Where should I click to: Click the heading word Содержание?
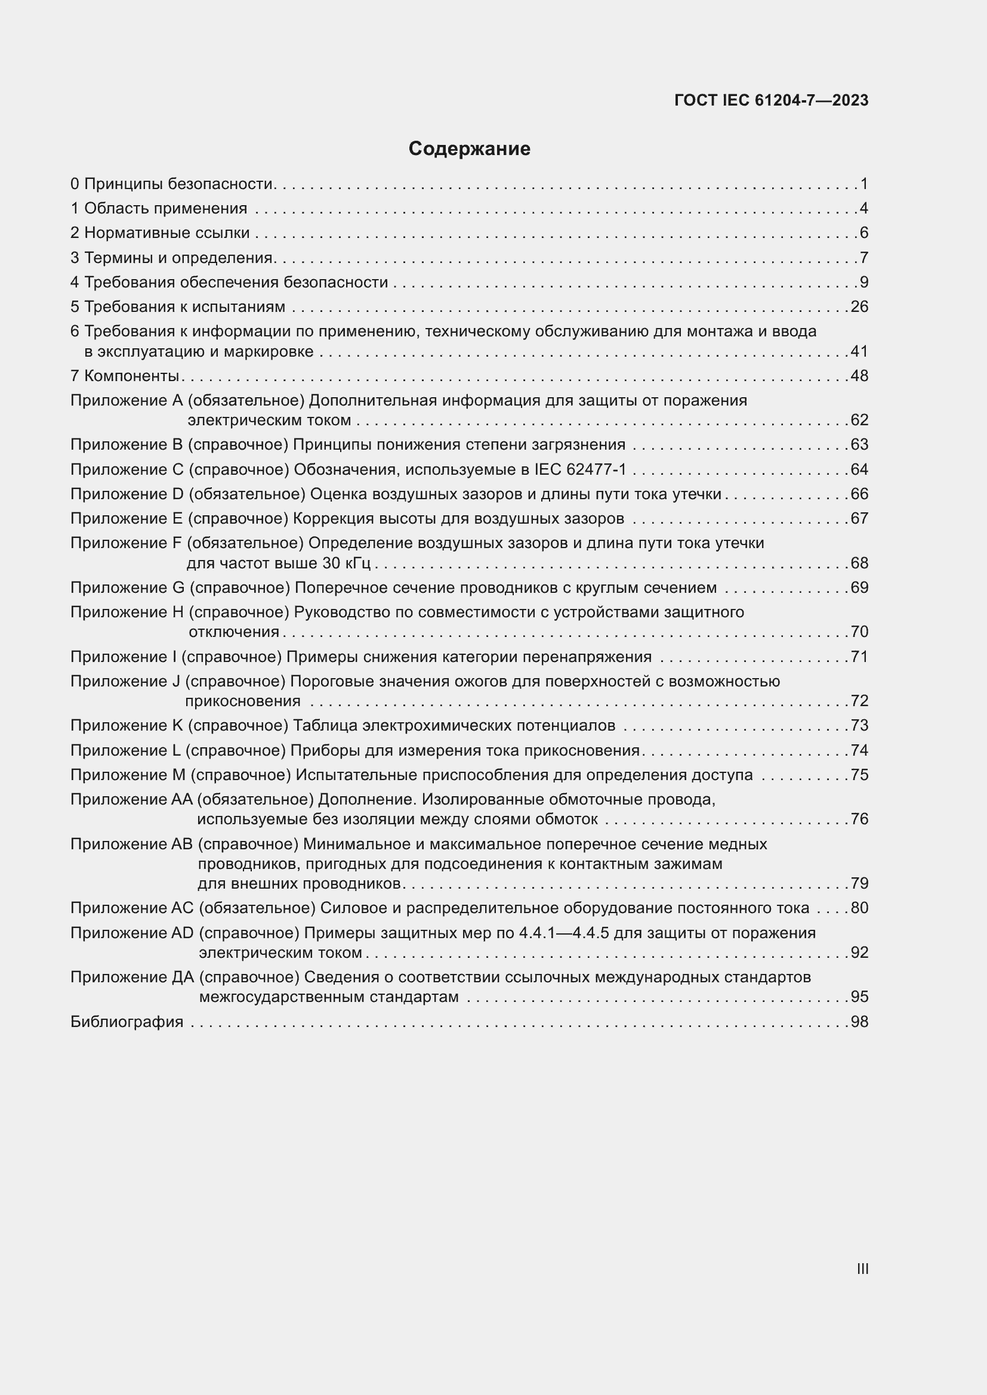tap(469, 149)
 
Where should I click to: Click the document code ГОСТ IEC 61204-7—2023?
tap(770, 101)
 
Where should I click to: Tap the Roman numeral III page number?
tap(862, 1269)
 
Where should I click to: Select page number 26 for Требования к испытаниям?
tap(859, 307)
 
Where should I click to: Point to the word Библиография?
tap(127, 1022)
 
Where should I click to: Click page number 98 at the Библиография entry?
tap(859, 1022)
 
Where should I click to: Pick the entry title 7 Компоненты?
tap(125, 376)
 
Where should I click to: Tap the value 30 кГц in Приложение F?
tap(346, 563)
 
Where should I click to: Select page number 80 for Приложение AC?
tap(859, 908)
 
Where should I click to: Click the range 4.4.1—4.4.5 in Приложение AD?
tap(564, 933)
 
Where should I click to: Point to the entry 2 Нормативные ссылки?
tap(161, 233)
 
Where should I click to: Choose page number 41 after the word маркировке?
tap(859, 352)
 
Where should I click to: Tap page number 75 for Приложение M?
tap(859, 775)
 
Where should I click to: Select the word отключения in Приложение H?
tap(234, 632)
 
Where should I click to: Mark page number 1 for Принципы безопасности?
tap(864, 184)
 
